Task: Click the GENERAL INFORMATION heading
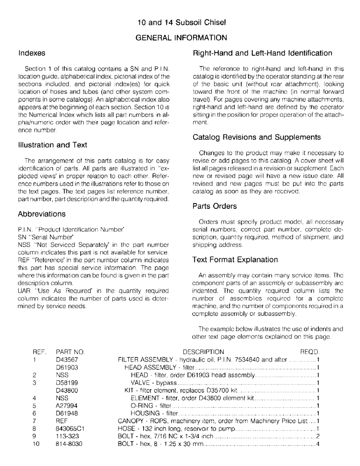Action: coord(180,37)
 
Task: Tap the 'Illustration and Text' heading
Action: coord(52,145)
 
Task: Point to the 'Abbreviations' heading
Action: coord(42,214)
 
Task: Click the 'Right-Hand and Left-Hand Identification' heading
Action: coord(263,53)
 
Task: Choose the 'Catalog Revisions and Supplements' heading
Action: coord(256,137)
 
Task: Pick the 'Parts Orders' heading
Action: coord(215,206)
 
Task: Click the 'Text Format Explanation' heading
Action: coord(235,260)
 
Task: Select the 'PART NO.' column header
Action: coord(70,351)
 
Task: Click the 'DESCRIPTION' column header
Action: coord(203,351)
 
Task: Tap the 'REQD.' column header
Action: coord(310,351)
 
